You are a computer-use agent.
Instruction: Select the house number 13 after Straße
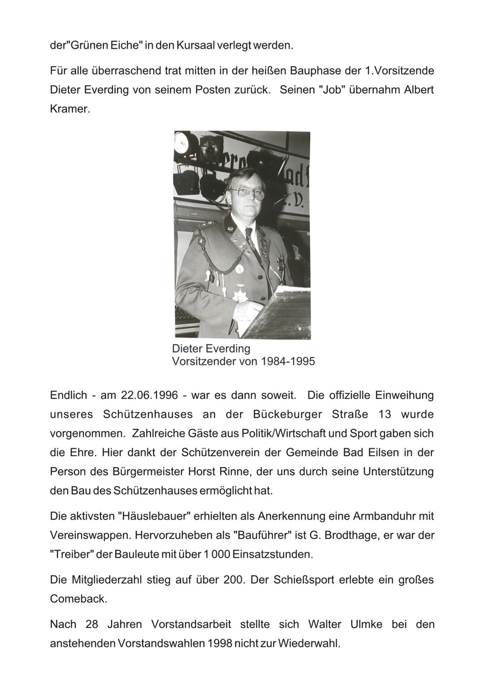(x=383, y=415)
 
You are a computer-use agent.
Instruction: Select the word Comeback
(x=78, y=599)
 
